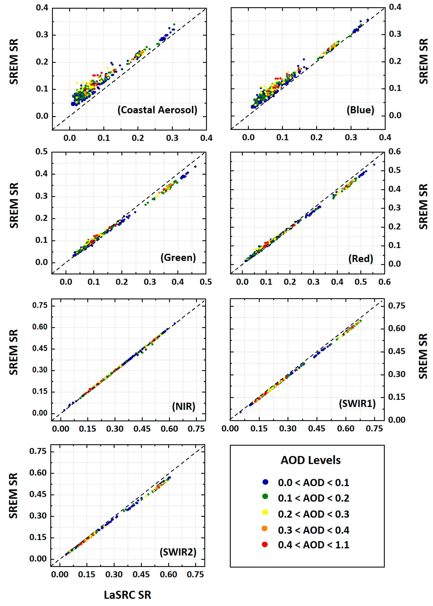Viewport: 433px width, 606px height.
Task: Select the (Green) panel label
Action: coord(178,258)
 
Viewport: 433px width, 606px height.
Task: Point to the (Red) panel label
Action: coord(360,259)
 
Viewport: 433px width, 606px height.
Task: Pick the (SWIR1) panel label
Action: coord(357,404)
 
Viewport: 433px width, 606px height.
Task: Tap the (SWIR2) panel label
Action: coord(178,552)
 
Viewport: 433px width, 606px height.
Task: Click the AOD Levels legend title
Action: coord(311,460)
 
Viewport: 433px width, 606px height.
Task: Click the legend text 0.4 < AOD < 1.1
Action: coord(314,545)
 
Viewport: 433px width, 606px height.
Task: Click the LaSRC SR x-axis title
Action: coord(128,595)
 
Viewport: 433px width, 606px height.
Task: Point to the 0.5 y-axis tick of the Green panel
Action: coord(42,151)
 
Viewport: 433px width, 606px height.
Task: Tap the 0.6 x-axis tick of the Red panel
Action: coord(384,282)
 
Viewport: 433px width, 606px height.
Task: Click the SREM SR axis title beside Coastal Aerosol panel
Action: coord(14,61)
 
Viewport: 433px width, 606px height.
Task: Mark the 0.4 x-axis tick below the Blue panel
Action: coord(385,137)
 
